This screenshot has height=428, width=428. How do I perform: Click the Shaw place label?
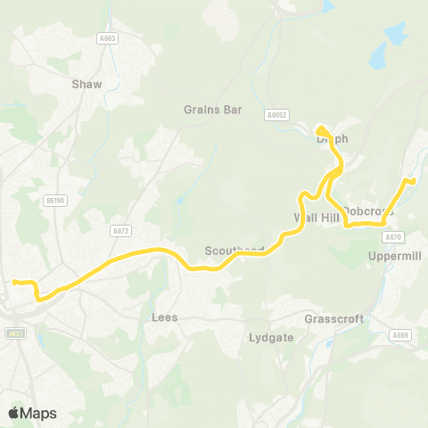click(86, 84)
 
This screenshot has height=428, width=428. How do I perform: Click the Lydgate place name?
click(267, 338)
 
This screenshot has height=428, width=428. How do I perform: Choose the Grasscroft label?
click(328, 317)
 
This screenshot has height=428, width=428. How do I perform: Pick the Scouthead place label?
click(235, 251)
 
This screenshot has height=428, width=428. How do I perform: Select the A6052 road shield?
click(277, 114)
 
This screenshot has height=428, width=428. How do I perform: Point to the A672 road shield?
click(120, 230)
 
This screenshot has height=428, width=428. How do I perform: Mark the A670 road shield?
click(393, 237)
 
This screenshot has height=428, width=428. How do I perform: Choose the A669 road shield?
click(401, 335)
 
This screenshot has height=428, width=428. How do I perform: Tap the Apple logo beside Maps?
click(13, 413)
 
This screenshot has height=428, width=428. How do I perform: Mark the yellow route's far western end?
click(14, 283)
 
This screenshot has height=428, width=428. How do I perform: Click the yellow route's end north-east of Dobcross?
click(413, 181)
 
